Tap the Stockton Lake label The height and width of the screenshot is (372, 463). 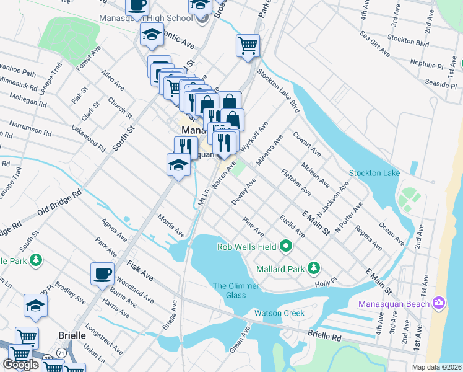(x=374, y=173)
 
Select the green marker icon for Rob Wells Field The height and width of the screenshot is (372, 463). (x=286, y=247)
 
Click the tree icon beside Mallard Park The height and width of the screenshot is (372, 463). (x=314, y=268)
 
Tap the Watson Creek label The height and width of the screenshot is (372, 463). (x=285, y=313)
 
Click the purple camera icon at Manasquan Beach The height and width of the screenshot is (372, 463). (x=439, y=303)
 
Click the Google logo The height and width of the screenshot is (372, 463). (x=21, y=364)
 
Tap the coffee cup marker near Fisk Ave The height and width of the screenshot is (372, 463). (x=102, y=273)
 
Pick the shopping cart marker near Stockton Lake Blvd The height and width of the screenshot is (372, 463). (x=248, y=45)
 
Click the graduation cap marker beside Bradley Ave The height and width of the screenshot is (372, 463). (x=35, y=305)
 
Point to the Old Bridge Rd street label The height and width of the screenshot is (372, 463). (x=59, y=202)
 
